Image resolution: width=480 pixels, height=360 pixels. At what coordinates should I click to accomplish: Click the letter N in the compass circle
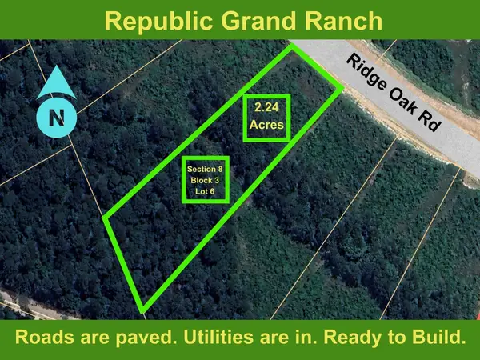click(x=56, y=118)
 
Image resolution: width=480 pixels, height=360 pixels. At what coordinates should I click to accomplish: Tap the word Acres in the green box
click(x=266, y=126)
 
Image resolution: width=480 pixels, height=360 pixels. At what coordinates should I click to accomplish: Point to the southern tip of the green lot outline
click(x=142, y=310)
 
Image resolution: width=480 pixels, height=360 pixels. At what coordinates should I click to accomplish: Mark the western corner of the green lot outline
click(x=106, y=218)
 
